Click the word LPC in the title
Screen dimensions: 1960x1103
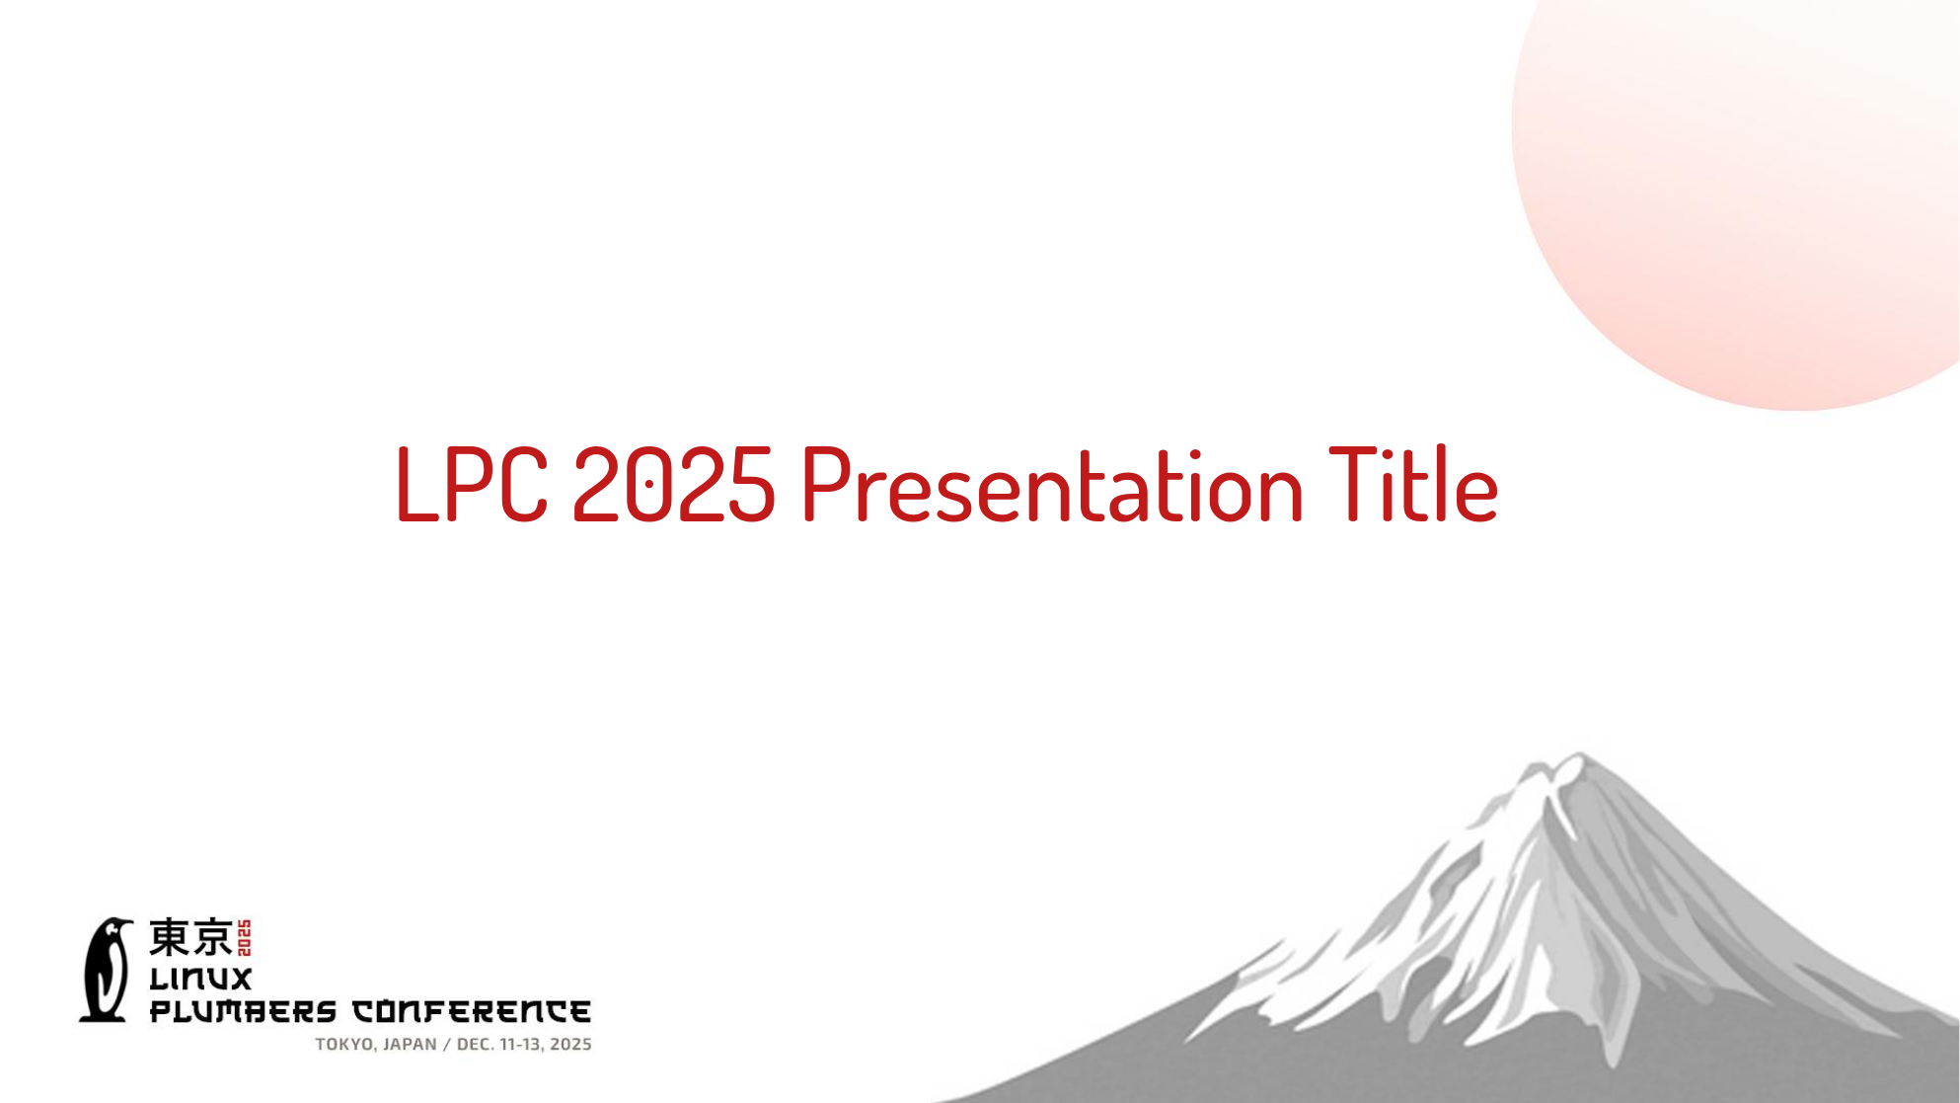[x=472, y=483]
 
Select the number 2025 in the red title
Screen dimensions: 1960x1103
[x=673, y=483]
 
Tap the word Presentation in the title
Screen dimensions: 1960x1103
[x=1053, y=485]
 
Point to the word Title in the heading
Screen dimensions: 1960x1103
[x=1414, y=483]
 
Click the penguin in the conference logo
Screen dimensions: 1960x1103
[x=107, y=969]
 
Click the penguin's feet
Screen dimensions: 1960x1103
[x=104, y=1015]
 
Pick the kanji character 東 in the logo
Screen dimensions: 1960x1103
[x=169, y=937]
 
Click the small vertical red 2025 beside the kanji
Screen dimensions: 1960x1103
[x=245, y=938]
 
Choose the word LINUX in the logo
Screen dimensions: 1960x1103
[x=200, y=979]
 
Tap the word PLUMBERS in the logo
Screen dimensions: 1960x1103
[x=243, y=1011]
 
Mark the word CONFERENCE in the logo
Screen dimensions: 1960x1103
[x=472, y=1011]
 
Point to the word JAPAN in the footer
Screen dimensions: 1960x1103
[x=410, y=1045]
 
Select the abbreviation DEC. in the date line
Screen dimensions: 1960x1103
[x=476, y=1045]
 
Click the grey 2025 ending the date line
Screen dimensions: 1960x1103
[x=571, y=1045]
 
